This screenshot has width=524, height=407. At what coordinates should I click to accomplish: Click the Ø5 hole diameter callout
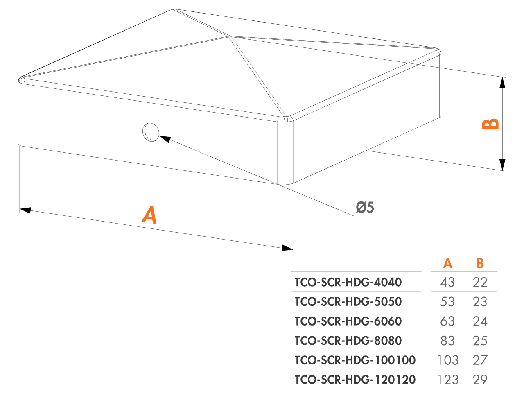click(x=365, y=207)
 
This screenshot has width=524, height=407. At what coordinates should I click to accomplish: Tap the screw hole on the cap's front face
click(x=151, y=132)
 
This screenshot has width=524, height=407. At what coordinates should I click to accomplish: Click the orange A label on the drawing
click(x=149, y=215)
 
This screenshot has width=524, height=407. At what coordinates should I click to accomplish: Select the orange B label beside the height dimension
click(x=490, y=124)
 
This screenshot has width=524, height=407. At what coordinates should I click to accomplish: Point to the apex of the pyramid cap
click(x=230, y=37)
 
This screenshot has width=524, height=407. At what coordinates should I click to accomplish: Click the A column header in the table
click(x=447, y=263)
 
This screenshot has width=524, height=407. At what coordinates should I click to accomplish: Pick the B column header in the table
click(x=480, y=263)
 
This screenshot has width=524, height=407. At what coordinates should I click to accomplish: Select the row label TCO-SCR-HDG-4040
click(x=348, y=282)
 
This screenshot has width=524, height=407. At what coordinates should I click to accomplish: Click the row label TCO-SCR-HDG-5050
click(x=348, y=302)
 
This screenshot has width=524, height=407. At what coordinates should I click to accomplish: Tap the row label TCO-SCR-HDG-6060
click(x=348, y=321)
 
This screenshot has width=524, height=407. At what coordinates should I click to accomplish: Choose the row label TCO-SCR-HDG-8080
click(x=348, y=341)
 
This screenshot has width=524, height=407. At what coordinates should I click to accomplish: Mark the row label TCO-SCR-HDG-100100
click(x=355, y=360)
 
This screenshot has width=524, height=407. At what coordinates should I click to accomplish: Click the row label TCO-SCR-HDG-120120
click(x=355, y=380)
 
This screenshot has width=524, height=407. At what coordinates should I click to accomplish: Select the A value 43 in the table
click(x=447, y=282)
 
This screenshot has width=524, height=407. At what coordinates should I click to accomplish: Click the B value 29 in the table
click(x=480, y=380)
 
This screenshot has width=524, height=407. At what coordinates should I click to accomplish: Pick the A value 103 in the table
click(x=448, y=360)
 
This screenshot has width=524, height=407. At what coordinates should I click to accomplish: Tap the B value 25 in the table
click(x=480, y=341)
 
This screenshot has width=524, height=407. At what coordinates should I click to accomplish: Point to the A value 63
click(x=447, y=321)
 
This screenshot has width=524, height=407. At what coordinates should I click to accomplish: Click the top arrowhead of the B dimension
click(x=502, y=83)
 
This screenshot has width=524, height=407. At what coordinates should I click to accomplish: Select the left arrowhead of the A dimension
click(x=25, y=210)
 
